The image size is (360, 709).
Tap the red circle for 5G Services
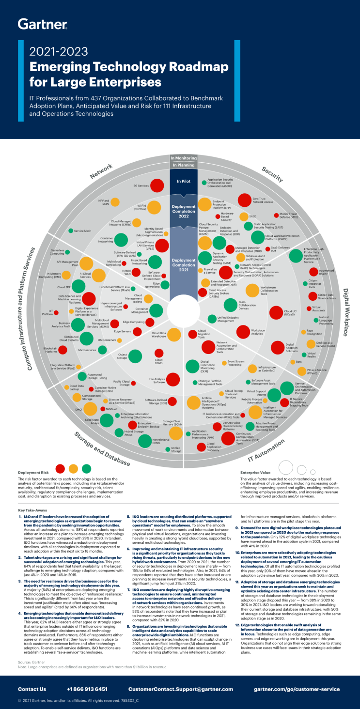pos(157,185)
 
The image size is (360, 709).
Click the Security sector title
pos(272,174)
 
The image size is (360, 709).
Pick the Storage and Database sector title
pos(102,449)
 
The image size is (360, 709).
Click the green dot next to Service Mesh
pos(70,231)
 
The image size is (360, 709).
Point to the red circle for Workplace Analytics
pos(243,332)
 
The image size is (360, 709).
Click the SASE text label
pos(252,216)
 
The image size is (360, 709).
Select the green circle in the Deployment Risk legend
pos(87,468)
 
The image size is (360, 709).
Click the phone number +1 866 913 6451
pos(87,689)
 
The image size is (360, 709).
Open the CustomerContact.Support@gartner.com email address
pos(180,689)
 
